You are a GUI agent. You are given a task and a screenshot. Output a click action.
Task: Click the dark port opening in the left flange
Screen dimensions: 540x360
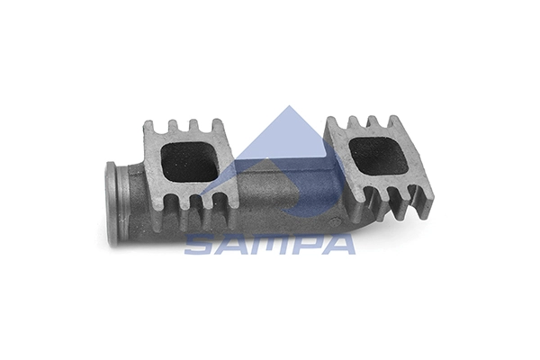tap(190, 162)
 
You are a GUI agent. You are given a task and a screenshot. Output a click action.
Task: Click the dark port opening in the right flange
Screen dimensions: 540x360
tap(379, 156)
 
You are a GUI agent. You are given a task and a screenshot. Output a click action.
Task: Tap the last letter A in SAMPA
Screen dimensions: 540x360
tap(338, 244)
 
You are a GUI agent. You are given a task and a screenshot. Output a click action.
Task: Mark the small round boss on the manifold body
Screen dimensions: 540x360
tap(334, 221)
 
